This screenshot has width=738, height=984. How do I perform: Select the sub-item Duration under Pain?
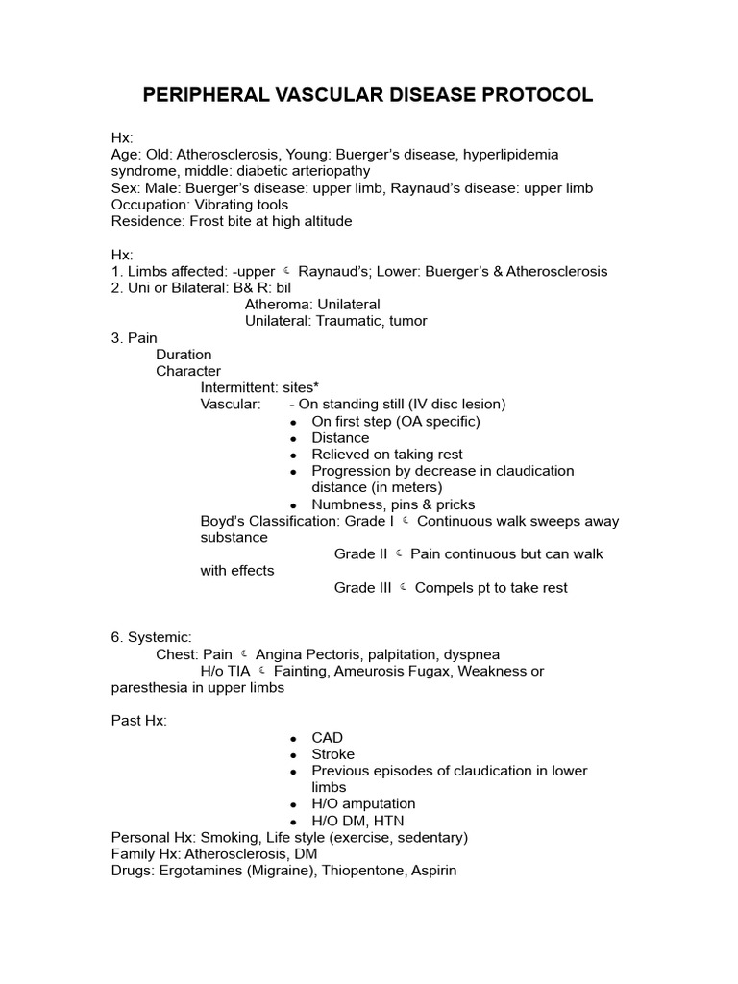184,355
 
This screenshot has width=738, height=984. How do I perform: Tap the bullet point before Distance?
293,438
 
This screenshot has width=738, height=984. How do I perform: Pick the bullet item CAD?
327,738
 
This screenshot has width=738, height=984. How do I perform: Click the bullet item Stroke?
332,754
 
